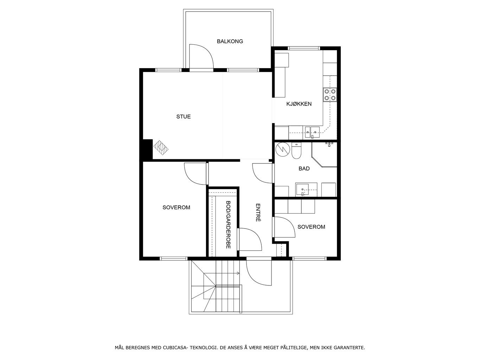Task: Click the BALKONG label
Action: tap(230, 41)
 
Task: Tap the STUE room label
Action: tap(184, 116)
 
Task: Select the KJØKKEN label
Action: tap(299, 104)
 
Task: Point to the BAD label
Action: tap(304, 168)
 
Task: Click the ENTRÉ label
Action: tap(258, 213)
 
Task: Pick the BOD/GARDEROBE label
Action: tap(228, 225)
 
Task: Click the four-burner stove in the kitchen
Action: tap(330, 95)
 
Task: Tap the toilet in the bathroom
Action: tap(296, 151)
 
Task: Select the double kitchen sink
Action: tap(313, 133)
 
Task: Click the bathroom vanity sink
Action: tap(302, 189)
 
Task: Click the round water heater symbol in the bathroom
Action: tap(283, 149)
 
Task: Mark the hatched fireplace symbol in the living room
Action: tap(161, 148)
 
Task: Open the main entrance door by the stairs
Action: tap(259, 273)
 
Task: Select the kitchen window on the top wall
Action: tap(304, 48)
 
